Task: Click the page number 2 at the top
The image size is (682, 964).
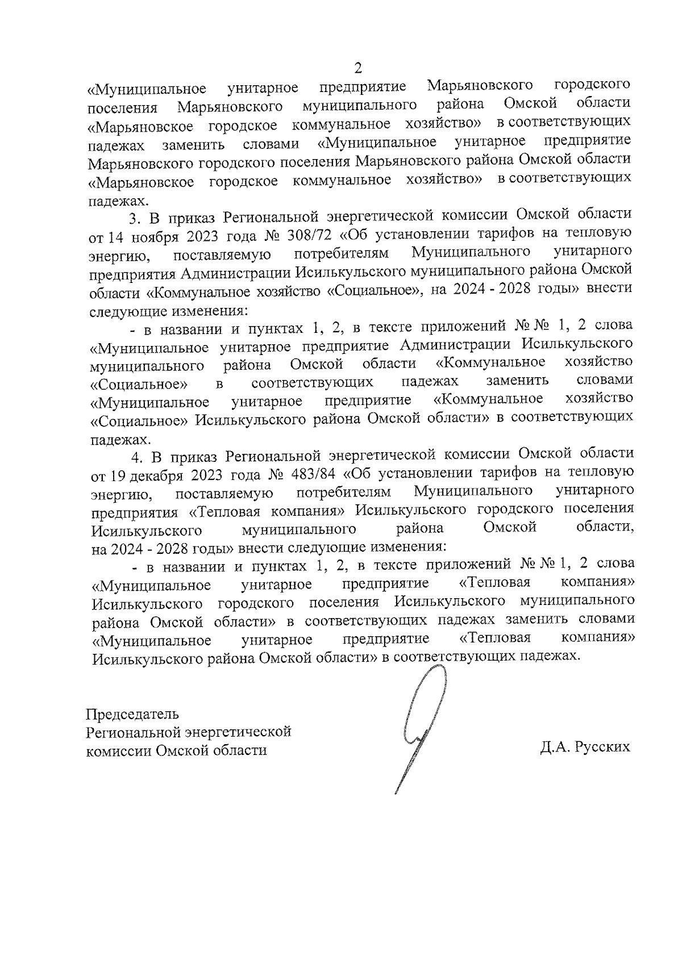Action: click(358, 68)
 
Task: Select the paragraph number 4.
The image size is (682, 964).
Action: click(136, 456)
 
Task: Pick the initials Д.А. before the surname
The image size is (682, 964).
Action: click(555, 746)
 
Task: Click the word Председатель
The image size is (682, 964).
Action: click(132, 713)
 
